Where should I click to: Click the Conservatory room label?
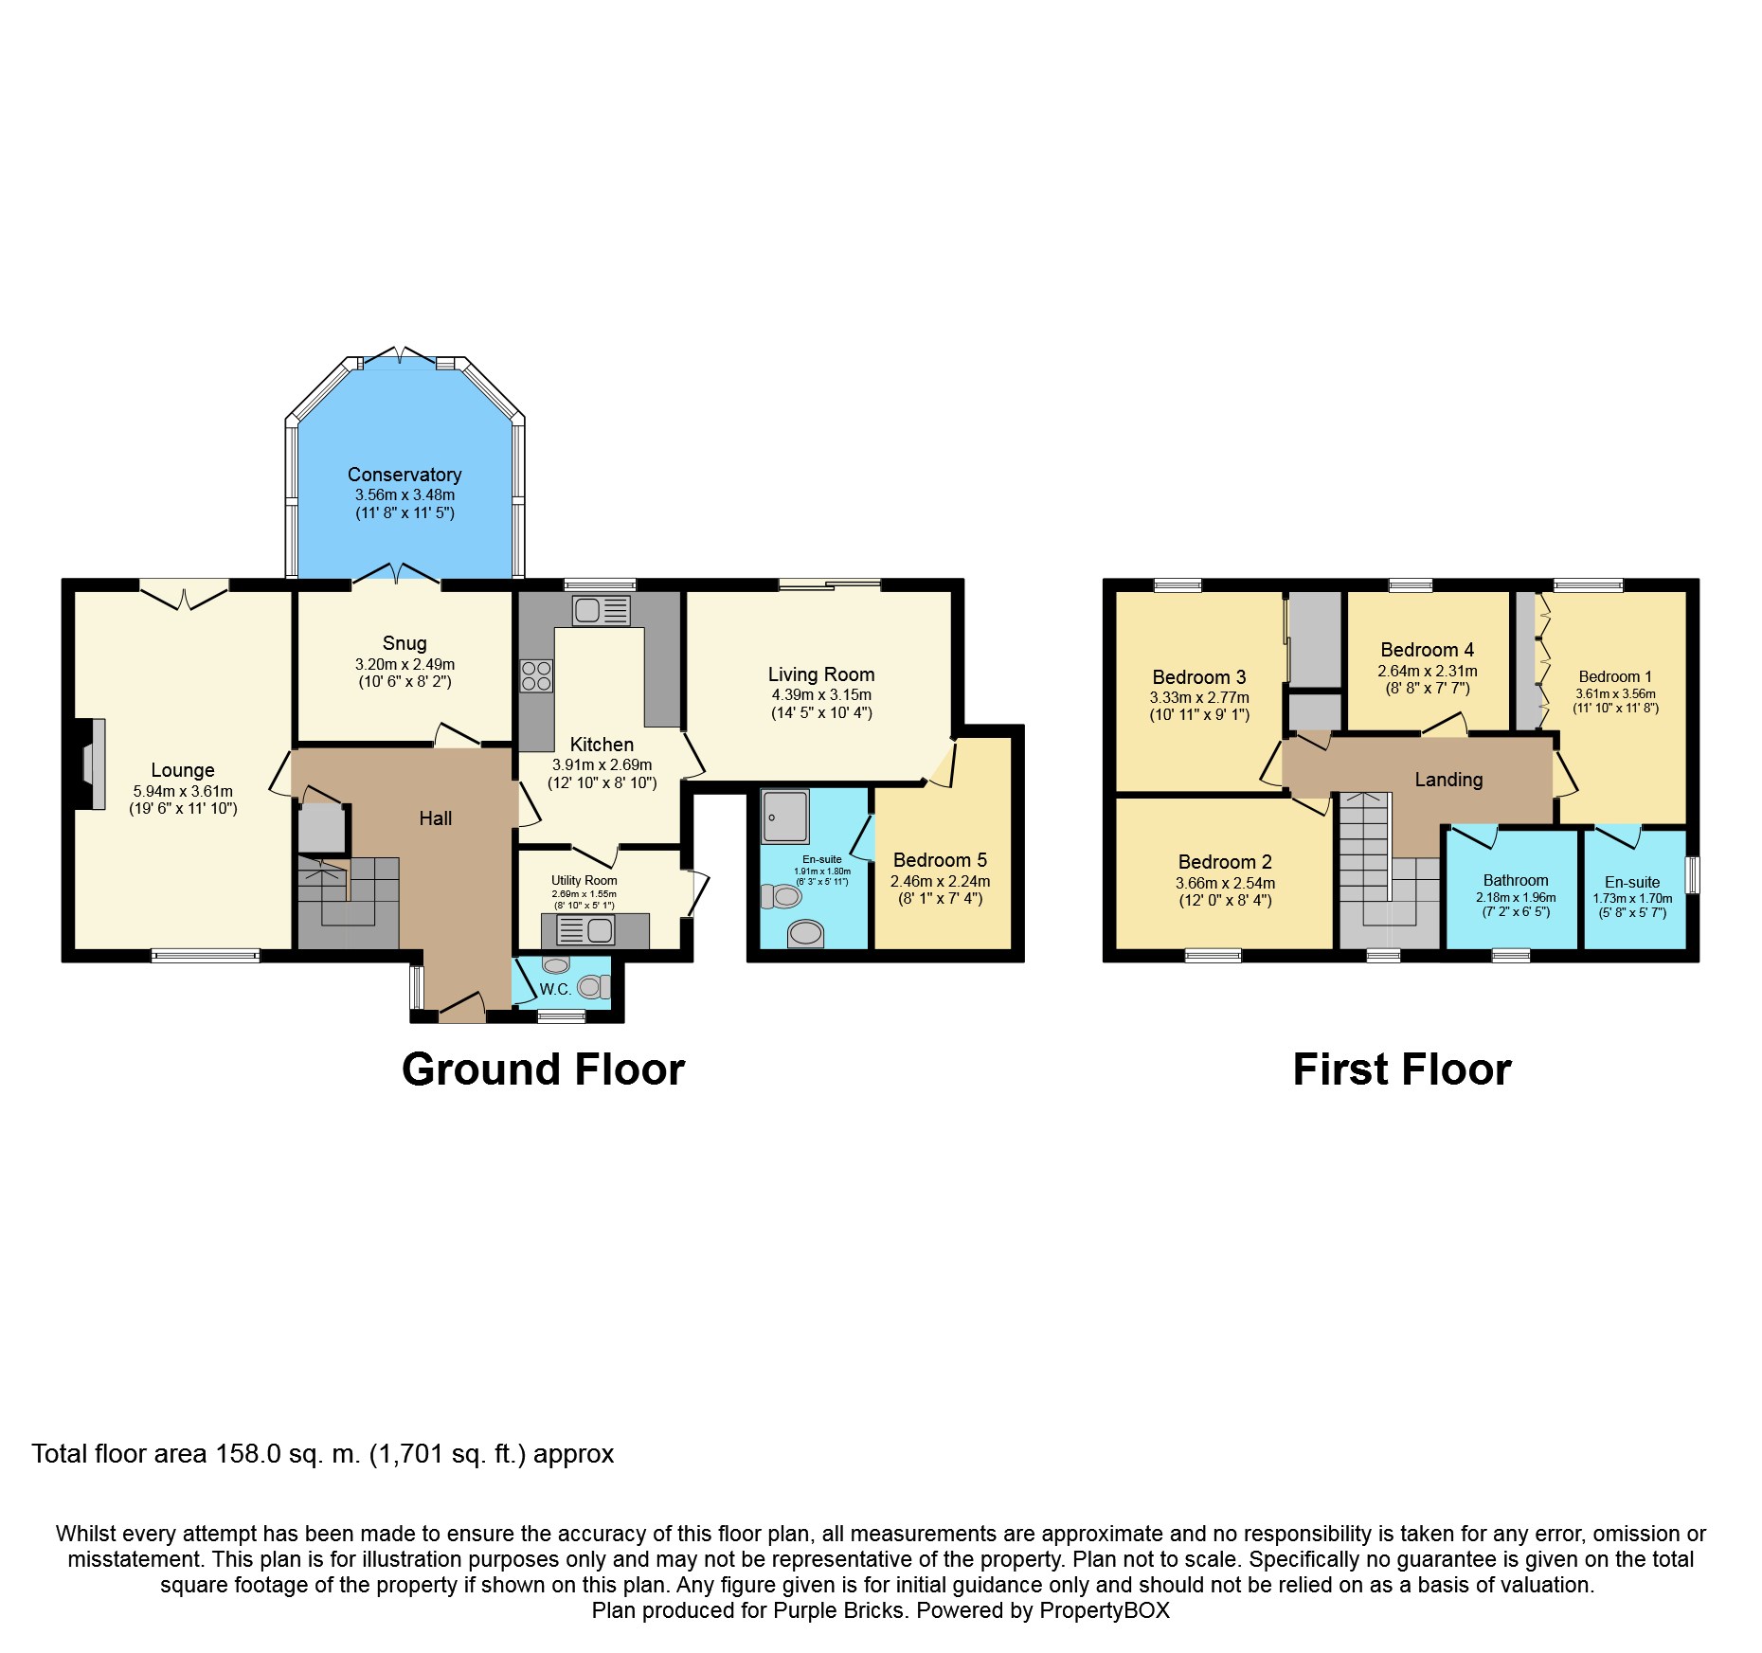405,475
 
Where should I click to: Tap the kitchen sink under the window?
601,611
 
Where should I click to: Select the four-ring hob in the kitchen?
536,675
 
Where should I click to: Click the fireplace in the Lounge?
91,764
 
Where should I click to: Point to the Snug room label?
405,643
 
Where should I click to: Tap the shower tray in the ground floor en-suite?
784,817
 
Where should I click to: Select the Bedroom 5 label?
940,860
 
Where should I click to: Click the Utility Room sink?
585,930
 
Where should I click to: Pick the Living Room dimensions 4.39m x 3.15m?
821,694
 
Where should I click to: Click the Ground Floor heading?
543,1069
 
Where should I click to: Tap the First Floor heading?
1402,1069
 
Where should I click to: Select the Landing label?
1448,780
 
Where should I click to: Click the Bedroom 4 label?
1427,650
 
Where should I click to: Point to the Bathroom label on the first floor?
1516,880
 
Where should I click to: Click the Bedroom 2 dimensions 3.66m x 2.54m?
1225,883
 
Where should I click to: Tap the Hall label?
436,818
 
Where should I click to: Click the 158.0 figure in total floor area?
248,1454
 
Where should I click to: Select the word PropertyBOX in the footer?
1105,1610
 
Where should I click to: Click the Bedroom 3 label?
1199,677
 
